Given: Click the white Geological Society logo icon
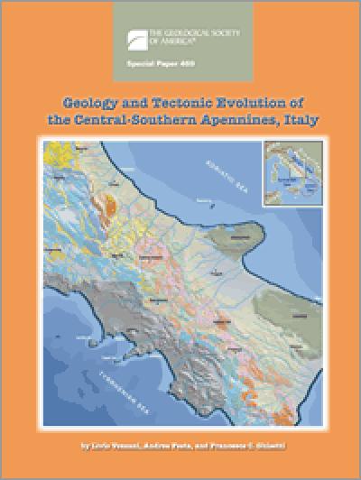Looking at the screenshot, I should pyautogui.click(x=135, y=36).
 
